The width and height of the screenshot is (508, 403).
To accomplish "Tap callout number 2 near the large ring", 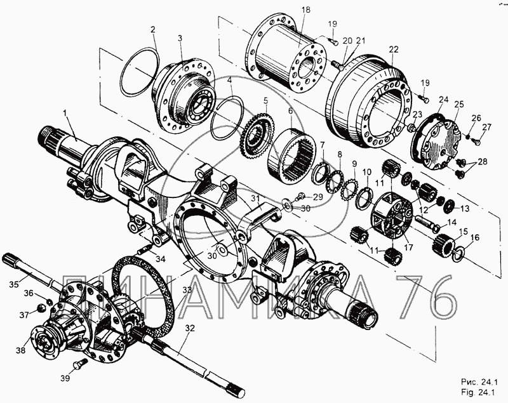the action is pyautogui.click(x=153, y=29).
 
